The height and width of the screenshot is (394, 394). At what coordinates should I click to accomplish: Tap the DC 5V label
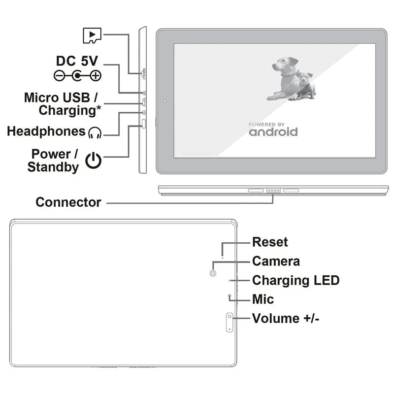coord(77,61)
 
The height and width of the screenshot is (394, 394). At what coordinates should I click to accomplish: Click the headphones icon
coord(95,132)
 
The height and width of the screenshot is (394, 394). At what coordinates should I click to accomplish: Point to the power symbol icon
coord(94,160)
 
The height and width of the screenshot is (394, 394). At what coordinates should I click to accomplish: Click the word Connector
coord(68,202)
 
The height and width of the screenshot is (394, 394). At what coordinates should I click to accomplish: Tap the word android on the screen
coord(273,132)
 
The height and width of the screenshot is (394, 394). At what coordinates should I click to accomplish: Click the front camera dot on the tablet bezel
coord(164,102)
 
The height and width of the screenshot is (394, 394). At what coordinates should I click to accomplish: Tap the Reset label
coord(270,242)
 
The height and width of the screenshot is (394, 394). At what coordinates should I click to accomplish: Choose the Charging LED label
coord(295,280)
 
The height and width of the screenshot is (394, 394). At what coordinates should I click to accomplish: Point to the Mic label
coord(263,299)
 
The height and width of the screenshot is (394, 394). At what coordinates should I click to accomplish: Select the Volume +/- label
coord(286,318)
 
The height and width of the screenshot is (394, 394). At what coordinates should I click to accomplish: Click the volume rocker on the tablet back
coord(230,322)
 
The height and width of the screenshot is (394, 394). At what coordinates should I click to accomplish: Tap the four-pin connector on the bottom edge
coord(273,191)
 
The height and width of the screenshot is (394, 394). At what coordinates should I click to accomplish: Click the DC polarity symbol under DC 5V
coord(77,75)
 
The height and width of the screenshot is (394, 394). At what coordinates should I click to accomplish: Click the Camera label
coord(276,261)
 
